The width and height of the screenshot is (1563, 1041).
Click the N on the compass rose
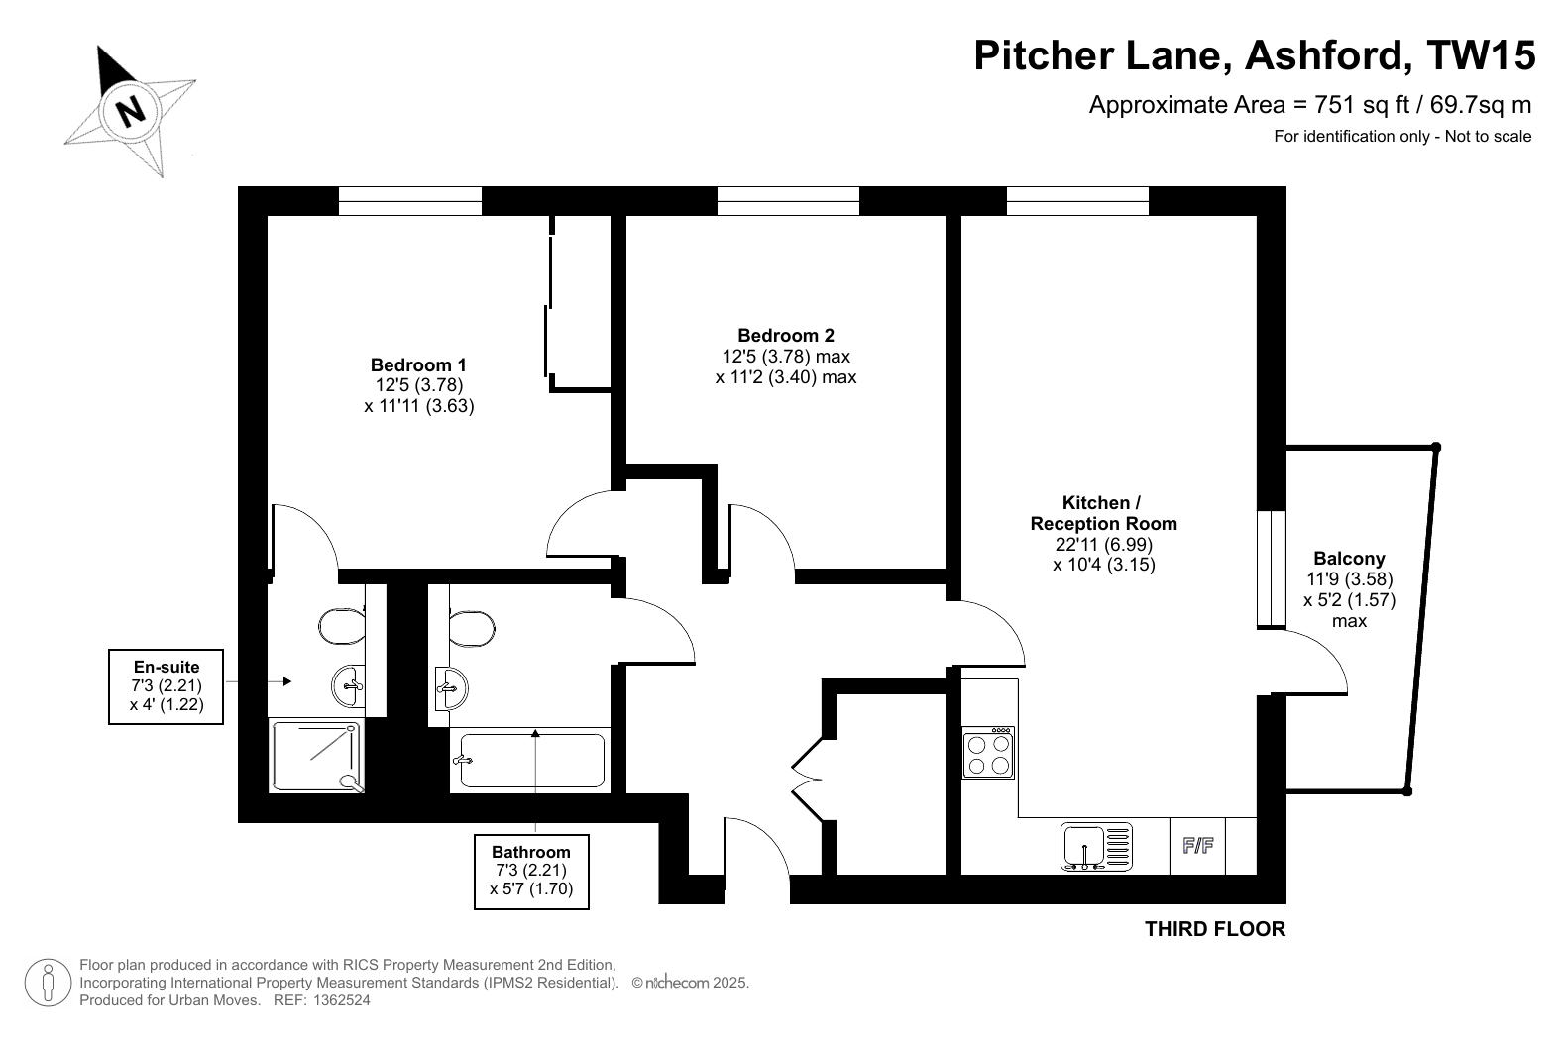(x=130, y=111)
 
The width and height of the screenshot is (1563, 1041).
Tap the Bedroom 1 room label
(x=418, y=364)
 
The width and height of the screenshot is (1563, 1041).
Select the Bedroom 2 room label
(x=786, y=336)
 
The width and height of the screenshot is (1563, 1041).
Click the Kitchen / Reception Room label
(x=1103, y=513)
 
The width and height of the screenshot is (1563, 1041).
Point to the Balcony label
(x=1349, y=558)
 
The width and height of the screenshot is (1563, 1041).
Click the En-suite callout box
(x=167, y=686)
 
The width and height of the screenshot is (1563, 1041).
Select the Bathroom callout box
(x=531, y=872)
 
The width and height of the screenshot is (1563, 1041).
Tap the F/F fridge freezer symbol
(x=1198, y=846)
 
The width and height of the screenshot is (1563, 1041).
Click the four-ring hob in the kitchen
(x=988, y=753)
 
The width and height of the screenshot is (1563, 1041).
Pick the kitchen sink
(x=1096, y=847)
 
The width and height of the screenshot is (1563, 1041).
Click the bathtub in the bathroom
(x=531, y=760)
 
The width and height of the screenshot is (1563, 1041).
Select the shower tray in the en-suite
(x=316, y=757)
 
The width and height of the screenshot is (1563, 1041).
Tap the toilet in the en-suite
(x=342, y=626)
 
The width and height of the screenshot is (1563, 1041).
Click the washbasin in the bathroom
(x=451, y=688)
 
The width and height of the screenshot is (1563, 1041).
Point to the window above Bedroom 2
(x=789, y=201)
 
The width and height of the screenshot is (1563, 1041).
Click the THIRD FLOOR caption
(x=1215, y=929)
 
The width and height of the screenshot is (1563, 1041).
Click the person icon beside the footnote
(x=49, y=983)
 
